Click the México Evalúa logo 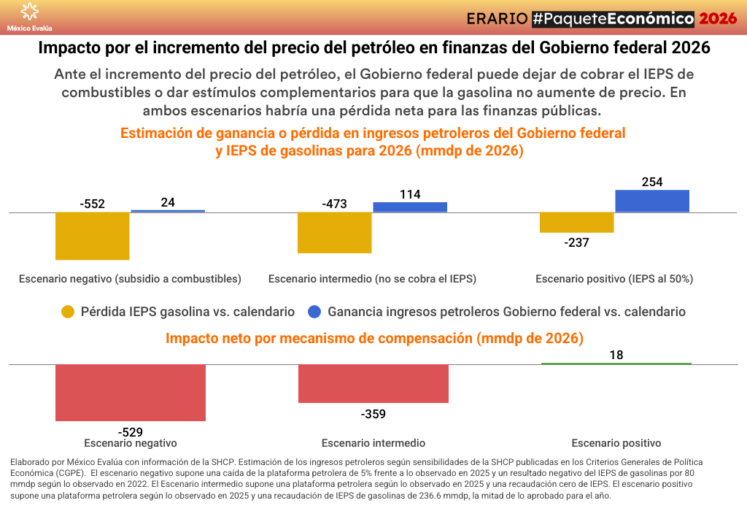coord(29,16)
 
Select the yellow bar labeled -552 coord(93,236)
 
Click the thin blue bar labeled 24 coord(168,211)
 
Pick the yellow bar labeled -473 coord(335,233)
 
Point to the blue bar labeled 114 coord(410,207)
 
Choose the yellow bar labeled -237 coord(576,223)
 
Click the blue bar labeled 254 coord(652,201)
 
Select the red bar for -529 coord(131,393)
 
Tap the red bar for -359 coord(373,383)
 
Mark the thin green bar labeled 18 coord(616,364)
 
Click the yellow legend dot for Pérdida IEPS coord(68,312)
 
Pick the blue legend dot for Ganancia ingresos coord(314,312)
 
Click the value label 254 coord(652,182)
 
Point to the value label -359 coord(373,415)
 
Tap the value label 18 coord(616,355)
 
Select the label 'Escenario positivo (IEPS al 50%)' coord(614,279)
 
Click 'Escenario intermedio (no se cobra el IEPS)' coord(372,279)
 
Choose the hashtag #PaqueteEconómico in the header coord(612,18)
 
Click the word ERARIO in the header coord(496,18)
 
